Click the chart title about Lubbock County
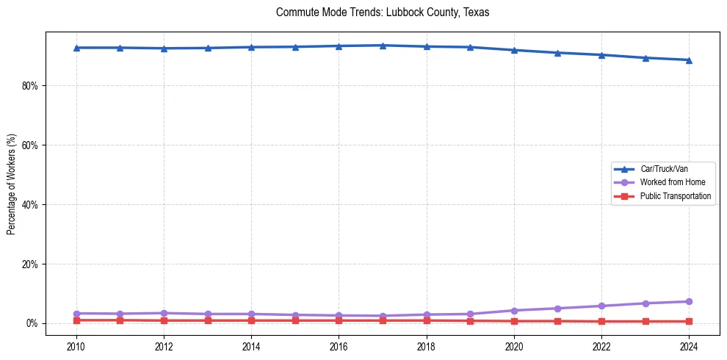tap(382, 12)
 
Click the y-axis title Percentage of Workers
tap(11, 184)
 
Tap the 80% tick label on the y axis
tap(29, 86)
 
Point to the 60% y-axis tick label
tap(29, 145)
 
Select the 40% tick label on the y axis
tap(29, 205)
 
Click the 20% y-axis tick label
tap(29, 264)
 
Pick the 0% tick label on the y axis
tap(32, 324)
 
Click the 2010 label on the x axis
tap(76, 345)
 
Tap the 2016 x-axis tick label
tap(339, 345)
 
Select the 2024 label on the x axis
tap(689, 345)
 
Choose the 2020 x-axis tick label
tap(514, 345)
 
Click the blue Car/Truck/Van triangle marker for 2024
tap(689, 60)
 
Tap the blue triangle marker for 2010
tap(76, 48)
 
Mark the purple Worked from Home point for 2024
tap(689, 302)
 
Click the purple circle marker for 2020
tap(514, 311)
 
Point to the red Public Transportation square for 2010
tap(76, 320)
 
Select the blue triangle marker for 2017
tap(383, 46)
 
